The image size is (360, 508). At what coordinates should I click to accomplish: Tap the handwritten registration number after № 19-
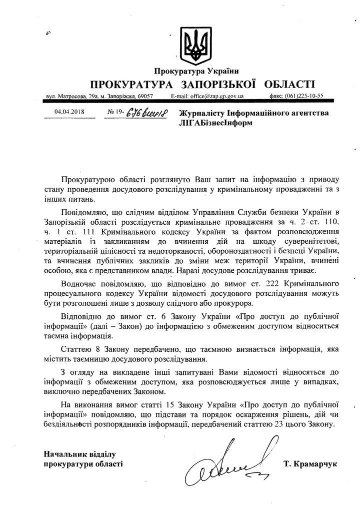(x=145, y=112)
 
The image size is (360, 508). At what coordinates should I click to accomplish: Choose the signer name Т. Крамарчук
(x=310, y=464)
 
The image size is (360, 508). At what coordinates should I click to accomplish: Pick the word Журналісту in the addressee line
(x=202, y=113)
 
